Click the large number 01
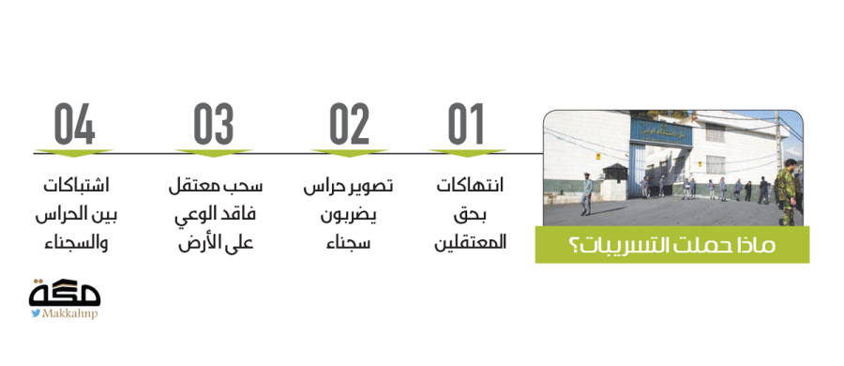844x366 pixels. [x=466, y=124]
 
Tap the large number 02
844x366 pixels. [x=350, y=124]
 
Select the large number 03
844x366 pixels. [x=214, y=124]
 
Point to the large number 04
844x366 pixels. [x=74, y=124]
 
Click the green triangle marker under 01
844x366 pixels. [x=467, y=153]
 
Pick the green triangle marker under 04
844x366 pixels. [x=74, y=153]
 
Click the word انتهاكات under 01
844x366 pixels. [x=470, y=186]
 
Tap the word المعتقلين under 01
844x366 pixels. [x=471, y=242]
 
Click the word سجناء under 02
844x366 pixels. [x=348, y=242]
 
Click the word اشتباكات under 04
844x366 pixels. [x=76, y=186]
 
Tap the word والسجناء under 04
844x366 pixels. [x=76, y=242]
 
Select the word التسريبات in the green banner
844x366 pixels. [x=631, y=245]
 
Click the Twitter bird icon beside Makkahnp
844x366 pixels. [x=36, y=313]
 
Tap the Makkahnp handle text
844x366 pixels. [x=70, y=313]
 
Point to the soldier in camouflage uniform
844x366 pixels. [x=787, y=191]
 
